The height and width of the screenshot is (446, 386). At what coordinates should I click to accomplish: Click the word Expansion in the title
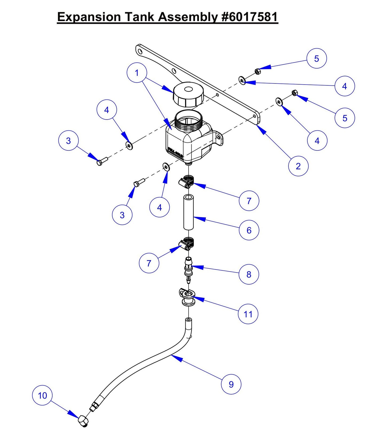89,17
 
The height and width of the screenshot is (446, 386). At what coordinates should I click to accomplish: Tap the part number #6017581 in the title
249,17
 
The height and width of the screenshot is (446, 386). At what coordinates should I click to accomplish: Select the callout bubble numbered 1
137,73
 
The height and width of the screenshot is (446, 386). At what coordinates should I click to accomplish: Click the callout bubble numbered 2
298,166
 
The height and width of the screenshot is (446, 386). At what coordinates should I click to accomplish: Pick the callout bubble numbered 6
249,230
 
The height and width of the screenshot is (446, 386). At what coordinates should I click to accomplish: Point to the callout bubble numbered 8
249,274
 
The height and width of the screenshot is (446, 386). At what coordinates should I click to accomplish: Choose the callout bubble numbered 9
231,384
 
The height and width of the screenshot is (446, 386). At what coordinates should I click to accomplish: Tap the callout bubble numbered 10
42,395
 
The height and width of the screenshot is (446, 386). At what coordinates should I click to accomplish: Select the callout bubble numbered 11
248,314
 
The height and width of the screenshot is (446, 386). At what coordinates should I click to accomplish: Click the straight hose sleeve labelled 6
188,212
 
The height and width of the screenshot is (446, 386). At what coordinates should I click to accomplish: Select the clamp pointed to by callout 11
187,297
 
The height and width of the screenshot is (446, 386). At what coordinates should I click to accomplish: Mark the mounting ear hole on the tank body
218,137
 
